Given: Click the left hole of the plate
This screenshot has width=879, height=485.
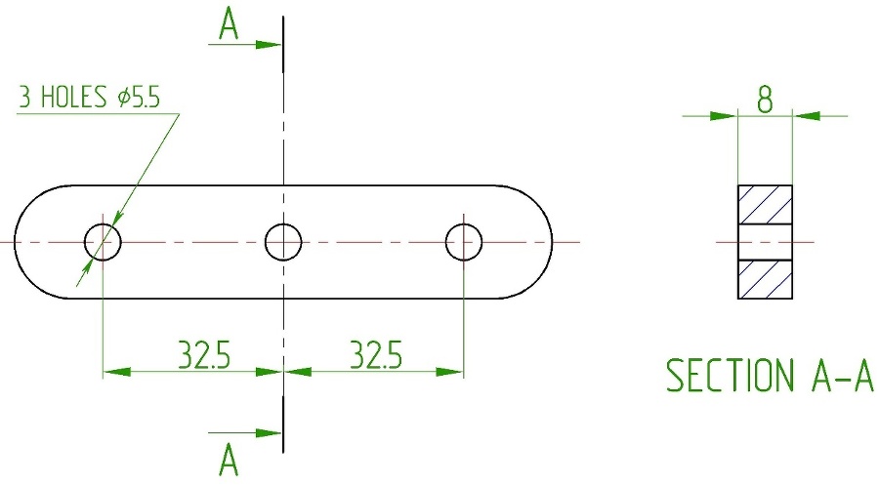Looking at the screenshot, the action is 103,242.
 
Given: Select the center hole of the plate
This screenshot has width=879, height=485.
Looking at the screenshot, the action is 283,242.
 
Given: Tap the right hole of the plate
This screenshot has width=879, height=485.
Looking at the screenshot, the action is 464,242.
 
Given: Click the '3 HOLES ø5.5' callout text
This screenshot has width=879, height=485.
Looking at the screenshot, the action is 90,97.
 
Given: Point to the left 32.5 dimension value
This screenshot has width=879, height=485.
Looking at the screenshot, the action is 204,354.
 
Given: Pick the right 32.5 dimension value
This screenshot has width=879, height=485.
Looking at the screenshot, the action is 376,354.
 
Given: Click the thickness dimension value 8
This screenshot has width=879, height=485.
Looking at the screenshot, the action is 765,100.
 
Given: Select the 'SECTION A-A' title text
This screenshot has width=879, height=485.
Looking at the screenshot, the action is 770,375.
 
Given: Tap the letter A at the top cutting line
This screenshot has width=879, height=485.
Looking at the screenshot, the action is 229,25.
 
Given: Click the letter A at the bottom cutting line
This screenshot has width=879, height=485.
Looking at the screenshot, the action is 229,460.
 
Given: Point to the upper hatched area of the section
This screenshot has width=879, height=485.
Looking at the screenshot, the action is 765,204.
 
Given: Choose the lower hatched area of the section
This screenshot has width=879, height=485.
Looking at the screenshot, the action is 765,279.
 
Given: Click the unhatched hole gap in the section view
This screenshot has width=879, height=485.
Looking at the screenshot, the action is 765,242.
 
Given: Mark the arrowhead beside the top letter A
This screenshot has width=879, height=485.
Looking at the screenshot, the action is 268,44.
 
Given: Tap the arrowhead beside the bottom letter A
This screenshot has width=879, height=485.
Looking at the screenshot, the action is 268,433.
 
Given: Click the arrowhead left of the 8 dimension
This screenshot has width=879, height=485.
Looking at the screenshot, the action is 724,116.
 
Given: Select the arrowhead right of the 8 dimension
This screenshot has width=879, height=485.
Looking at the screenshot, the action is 806,116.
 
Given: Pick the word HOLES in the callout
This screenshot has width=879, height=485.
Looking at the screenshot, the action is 74,97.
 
